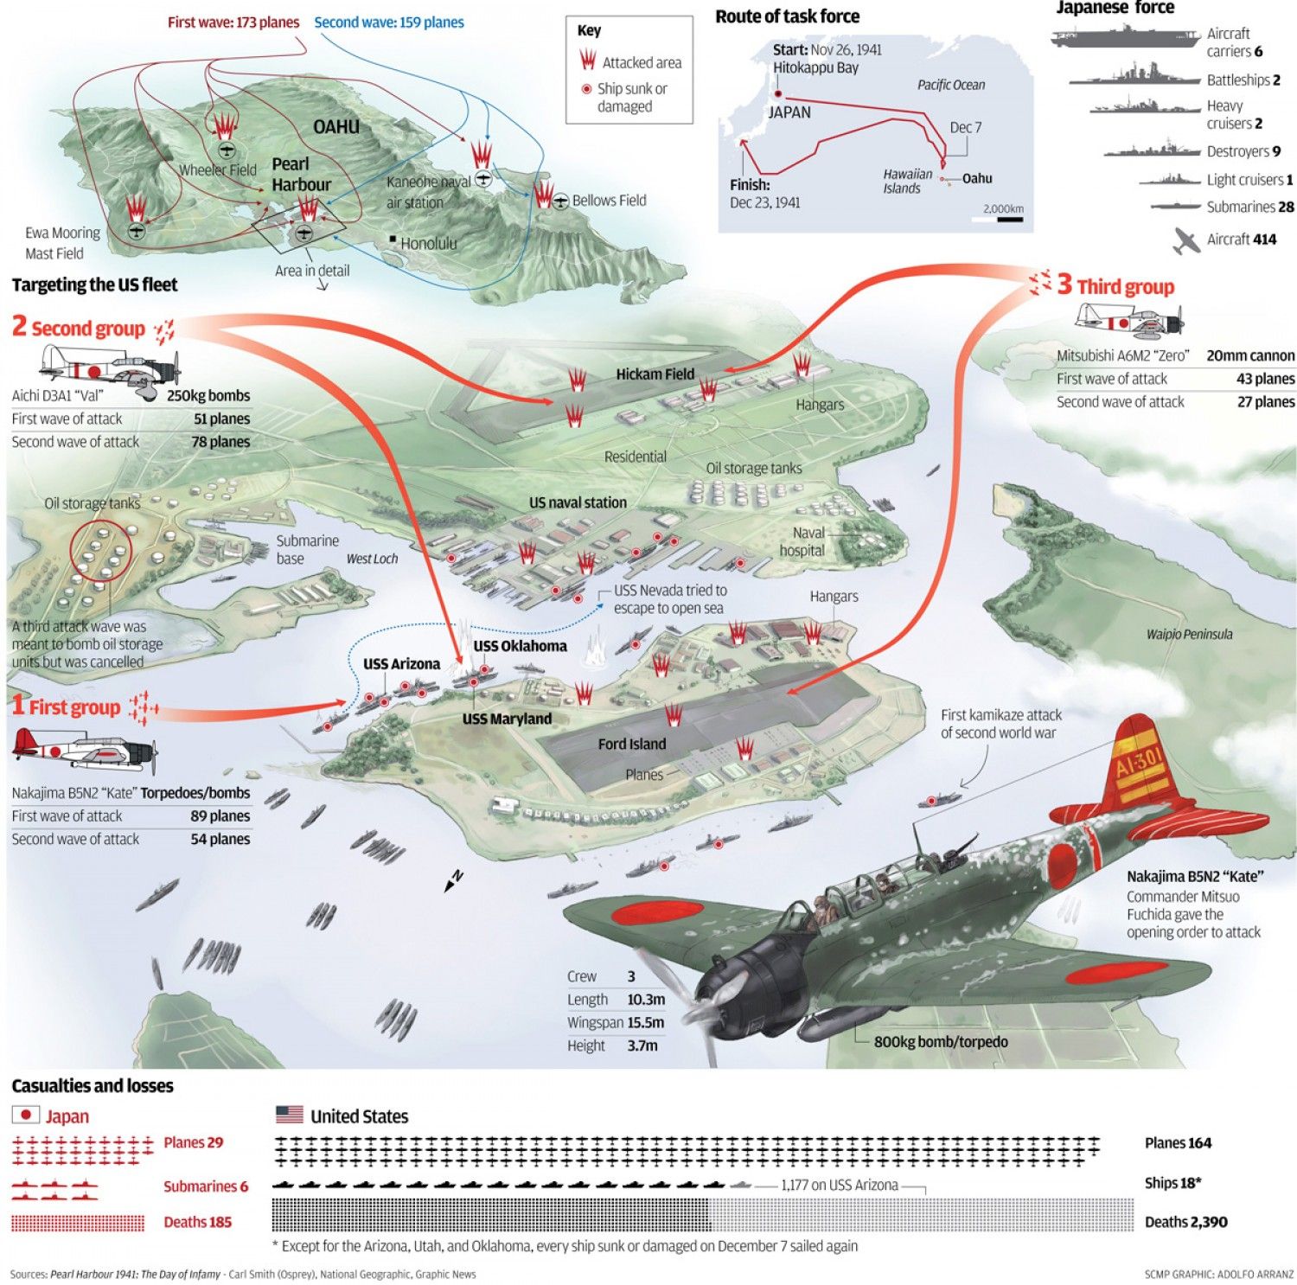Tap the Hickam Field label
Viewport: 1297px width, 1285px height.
[x=655, y=374]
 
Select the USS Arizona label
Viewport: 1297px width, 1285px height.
[x=401, y=664]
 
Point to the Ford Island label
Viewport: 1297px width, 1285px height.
[x=631, y=744]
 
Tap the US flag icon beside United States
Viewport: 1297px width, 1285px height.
[x=289, y=1115]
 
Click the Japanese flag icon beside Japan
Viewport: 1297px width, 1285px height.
[x=25, y=1116]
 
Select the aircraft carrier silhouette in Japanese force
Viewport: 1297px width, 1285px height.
[x=1124, y=36]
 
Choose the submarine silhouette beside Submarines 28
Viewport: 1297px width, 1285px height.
[x=1176, y=207]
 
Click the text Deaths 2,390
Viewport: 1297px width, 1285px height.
[x=1185, y=1222]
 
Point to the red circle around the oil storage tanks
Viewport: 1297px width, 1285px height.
[x=101, y=551]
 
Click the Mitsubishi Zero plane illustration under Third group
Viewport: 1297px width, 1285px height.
[x=1128, y=323]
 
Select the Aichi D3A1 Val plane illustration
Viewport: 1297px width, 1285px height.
[x=111, y=367]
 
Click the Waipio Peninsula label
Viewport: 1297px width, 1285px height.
[x=1189, y=635]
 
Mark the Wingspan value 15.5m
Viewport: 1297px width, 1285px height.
[x=645, y=1022]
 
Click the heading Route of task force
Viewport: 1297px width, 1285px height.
[x=787, y=16]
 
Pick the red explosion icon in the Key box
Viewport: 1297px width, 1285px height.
[x=588, y=61]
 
